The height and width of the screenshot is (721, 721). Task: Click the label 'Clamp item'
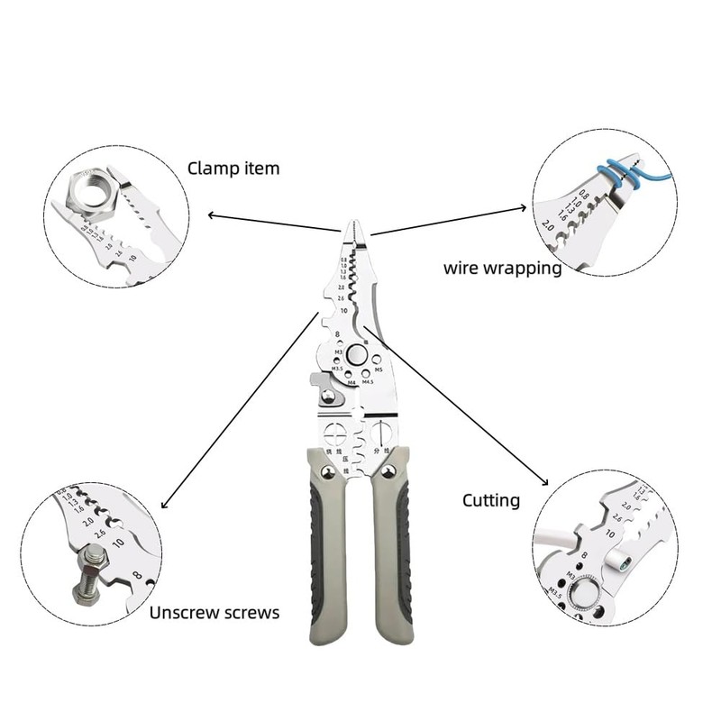233,168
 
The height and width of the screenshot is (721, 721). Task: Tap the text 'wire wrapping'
502,268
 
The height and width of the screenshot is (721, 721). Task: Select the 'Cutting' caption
490,499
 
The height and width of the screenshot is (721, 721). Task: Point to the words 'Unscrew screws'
214,613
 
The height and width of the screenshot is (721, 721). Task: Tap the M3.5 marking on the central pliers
336,369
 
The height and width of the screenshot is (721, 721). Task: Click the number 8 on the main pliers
336,335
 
